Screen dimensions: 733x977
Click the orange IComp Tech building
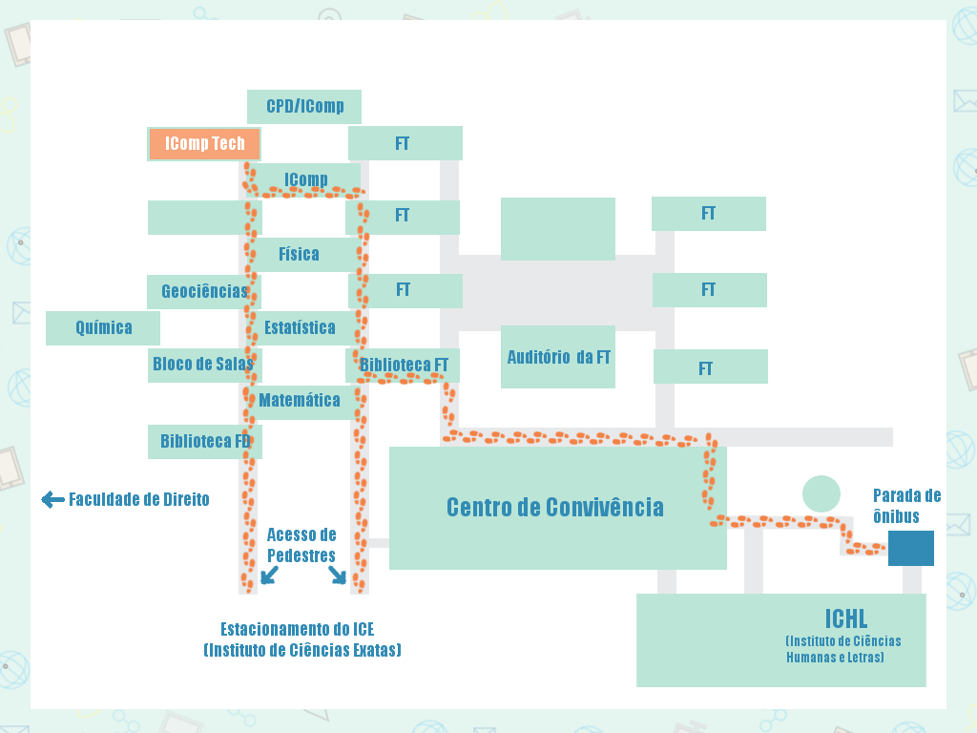point(204,144)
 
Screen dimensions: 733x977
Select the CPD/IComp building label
point(304,106)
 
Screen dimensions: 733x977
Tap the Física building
point(299,254)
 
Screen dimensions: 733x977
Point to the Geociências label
point(204,291)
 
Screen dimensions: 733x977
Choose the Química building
point(103,327)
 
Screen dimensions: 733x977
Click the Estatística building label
point(300,327)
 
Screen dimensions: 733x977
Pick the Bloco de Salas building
point(203,364)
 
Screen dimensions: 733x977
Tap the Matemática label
point(300,400)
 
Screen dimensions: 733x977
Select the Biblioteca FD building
point(204,441)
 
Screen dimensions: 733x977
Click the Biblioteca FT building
point(403,365)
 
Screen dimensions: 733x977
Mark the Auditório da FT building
point(558,357)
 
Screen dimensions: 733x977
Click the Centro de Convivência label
point(554,507)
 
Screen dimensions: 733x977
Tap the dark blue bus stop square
point(910,548)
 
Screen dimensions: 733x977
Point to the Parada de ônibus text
point(906,506)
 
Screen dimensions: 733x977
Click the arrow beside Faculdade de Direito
point(52,499)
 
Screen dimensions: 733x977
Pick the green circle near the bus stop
point(821,493)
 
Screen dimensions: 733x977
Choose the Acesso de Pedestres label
point(301,545)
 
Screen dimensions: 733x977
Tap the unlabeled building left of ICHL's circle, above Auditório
point(558,228)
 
